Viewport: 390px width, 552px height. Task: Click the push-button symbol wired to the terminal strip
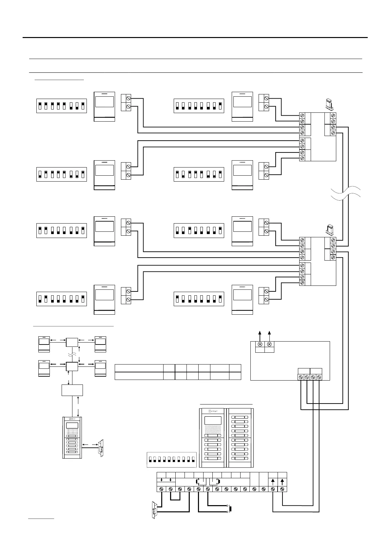(x=230, y=509)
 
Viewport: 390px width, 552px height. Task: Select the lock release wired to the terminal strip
(x=154, y=510)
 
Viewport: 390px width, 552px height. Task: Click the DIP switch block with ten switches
(x=171, y=459)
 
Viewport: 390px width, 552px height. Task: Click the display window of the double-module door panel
(x=212, y=421)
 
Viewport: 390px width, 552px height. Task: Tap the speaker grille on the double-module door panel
(x=212, y=430)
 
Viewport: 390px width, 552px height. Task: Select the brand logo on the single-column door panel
(x=72, y=419)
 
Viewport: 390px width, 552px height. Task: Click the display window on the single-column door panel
(x=72, y=425)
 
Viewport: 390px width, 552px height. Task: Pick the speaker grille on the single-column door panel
(x=72, y=432)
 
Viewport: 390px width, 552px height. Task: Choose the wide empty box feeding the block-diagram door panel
(x=72, y=390)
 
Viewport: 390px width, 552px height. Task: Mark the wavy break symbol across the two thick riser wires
(x=346, y=193)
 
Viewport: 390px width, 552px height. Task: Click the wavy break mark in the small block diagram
(x=72, y=354)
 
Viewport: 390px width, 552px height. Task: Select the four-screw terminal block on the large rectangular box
(x=310, y=377)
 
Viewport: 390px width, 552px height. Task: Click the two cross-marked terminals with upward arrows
(x=264, y=344)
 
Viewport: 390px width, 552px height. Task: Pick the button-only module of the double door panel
(x=240, y=438)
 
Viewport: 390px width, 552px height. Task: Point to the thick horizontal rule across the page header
(x=195, y=37)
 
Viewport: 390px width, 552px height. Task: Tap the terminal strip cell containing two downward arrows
(x=166, y=481)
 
